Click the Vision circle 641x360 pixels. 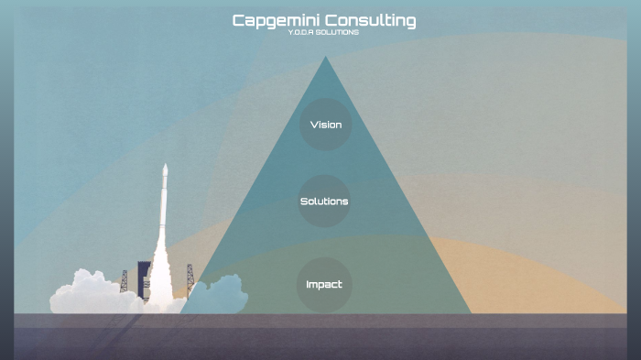tap(325, 125)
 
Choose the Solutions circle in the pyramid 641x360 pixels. tap(324, 202)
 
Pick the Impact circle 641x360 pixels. tap(324, 284)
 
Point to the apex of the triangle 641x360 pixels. tap(325, 58)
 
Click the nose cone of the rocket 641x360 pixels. tap(165, 169)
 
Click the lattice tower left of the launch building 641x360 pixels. tap(124, 280)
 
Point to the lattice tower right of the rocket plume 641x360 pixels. tap(190, 278)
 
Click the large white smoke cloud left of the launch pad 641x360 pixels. tap(87, 293)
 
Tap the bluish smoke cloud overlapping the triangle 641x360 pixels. tap(220, 295)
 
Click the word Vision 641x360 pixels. tap(325, 125)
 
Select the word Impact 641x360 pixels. tap(324, 284)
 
